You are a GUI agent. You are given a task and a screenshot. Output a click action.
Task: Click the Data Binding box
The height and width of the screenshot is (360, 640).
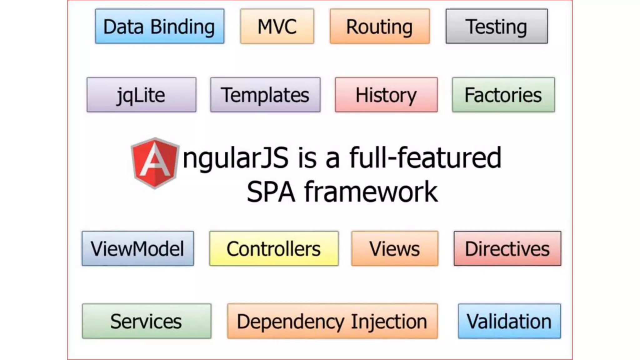(160, 26)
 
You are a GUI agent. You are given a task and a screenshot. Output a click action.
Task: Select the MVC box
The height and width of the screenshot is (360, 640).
(277, 26)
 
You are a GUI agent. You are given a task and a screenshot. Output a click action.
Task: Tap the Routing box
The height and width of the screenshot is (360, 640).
(380, 26)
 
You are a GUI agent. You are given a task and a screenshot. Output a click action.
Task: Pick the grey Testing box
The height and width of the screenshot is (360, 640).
(497, 26)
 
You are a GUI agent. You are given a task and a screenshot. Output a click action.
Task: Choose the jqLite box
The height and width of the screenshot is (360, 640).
(142, 95)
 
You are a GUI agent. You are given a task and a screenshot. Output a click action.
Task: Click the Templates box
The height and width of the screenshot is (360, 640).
(265, 95)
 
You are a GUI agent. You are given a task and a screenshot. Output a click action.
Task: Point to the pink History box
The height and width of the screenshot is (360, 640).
(386, 95)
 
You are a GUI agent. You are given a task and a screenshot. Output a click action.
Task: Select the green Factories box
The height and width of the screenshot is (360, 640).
(503, 95)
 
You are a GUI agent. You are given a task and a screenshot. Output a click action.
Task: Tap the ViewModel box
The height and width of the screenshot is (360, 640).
(138, 248)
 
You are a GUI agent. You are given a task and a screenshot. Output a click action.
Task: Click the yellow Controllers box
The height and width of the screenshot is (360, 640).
(274, 248)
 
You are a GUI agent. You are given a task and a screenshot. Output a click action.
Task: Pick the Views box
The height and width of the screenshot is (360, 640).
(395, 248)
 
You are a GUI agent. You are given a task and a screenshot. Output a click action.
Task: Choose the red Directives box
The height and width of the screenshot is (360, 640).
(507, 248)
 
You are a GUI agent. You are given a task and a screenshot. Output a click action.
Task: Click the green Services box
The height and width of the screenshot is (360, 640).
(147, 321)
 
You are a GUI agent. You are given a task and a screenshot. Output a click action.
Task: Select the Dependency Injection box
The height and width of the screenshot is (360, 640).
(332, 321)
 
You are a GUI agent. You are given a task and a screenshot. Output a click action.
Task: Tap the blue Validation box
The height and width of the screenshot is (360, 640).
(509, 321)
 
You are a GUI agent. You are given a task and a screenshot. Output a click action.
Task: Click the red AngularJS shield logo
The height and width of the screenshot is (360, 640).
(155, 162)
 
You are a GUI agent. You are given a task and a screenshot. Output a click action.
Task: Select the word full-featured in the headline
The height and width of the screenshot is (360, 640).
(425, 158)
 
